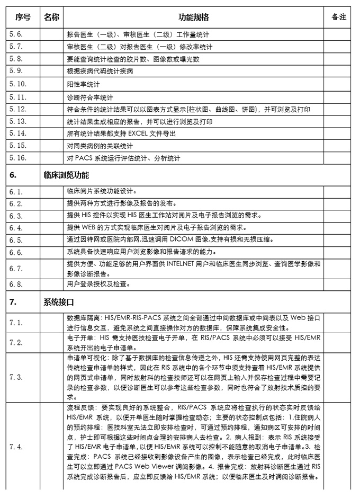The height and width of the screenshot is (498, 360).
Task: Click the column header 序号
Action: [x=23, y=17]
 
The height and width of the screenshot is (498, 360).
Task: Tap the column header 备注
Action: [x=339, y=17]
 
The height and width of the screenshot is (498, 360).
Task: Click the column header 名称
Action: [x=51, y=17]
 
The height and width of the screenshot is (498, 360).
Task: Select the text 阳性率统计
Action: [x=84, y=85]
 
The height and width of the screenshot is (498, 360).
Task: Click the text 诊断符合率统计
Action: [x=90, y=97]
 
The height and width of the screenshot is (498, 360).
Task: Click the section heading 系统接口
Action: [x=58, y=302]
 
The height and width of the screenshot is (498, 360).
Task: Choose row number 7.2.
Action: [x=16, y=343]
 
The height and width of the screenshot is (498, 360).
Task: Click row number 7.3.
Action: [x=16, y=377]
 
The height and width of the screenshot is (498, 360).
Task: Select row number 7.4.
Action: [x=16, y=447]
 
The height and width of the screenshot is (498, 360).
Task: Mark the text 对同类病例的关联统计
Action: [x=100, y=146]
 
